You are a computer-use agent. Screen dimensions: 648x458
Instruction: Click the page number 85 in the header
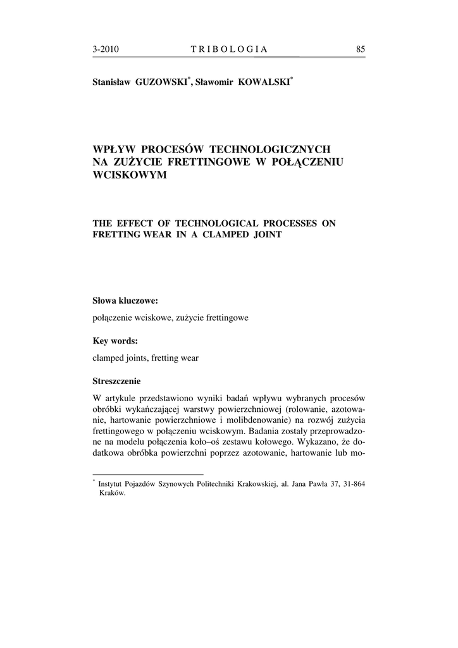click(x=361, y=49)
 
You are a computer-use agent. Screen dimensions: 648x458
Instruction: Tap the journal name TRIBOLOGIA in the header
click(x=228, y=49)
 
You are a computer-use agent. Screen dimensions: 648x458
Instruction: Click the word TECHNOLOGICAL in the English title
click(x=213, y=223)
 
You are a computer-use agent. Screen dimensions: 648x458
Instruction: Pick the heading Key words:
click(x=115, y=340)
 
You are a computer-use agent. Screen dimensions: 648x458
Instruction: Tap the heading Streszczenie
click(x=117, y=382)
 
